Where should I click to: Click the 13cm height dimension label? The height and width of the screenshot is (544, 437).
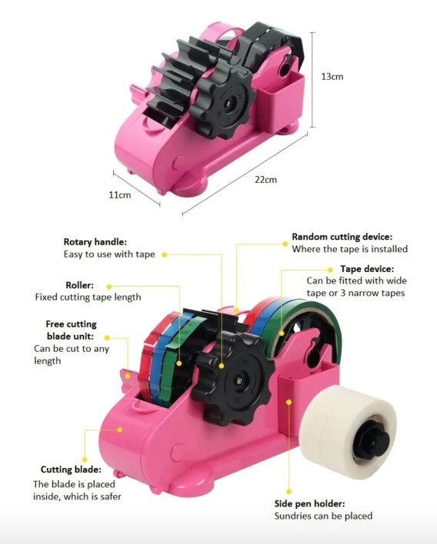coord(332,77)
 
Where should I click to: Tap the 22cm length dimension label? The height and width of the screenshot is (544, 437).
coord(265,179)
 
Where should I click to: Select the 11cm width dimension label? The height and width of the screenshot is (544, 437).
coord(120,195)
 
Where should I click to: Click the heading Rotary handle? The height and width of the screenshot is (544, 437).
coord(95,242)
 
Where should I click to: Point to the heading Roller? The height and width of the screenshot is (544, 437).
coord(79,285)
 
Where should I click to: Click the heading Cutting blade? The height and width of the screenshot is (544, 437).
coord(71,469)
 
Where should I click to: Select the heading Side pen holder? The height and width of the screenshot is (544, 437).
coord(309,503)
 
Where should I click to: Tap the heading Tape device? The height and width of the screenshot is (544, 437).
coord(367,269)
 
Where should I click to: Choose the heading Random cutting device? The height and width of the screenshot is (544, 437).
coord(342,237)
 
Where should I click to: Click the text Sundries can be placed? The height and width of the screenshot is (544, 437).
coord(323,516)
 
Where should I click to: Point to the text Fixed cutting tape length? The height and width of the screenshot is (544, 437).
coord(88,297)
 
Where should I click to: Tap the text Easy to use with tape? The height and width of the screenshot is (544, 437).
coord(109,254)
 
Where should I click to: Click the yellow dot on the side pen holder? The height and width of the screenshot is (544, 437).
coord(289,402)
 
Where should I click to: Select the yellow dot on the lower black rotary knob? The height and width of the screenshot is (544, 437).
coord(222,366)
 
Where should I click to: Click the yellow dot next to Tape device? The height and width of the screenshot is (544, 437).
coord(330,270)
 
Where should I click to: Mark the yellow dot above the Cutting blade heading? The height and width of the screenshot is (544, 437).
coord(85,460)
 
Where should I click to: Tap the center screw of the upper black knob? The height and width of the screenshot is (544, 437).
coord(229,103)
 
